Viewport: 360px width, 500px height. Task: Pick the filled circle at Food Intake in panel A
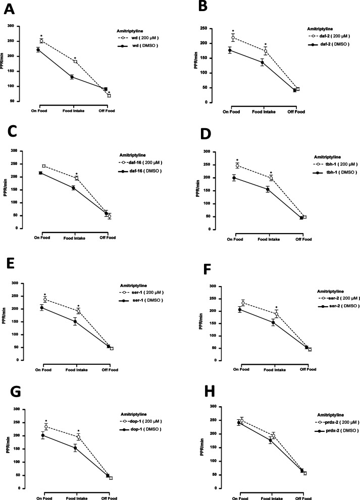tap(72, 77)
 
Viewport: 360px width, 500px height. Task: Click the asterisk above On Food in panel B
tap(233, 31)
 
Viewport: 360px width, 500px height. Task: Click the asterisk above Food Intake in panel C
tap(76, 174)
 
